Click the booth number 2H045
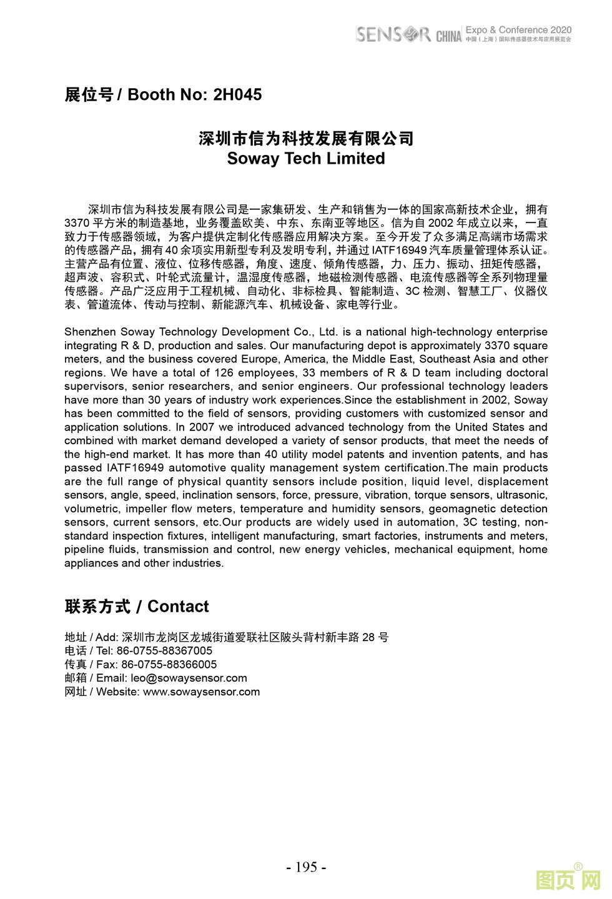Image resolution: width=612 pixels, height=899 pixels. pyautogui.click(x=237, y=95)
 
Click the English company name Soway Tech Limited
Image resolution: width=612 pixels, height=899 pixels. pyautogui.click(x=306, y=159)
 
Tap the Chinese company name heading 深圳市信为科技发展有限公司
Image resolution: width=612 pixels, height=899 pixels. pyautogui.click(x=306, y=138)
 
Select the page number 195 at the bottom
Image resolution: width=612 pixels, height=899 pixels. pyautogui.click(x=306, y=867)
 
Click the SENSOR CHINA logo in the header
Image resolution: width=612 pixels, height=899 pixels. pyautogui.click(x=408, y=34)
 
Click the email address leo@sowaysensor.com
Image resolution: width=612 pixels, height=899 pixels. pyautogui.click(x=189, y=678)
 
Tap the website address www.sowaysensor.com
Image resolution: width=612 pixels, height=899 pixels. pyautogui.click(x=201, y=692)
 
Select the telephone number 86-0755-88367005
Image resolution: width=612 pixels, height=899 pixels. pyautogui.click(x=164, y=651)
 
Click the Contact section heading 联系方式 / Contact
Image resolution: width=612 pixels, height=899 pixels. pyautogui.click(x=137, y=607)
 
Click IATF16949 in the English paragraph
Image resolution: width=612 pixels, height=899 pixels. pyautogui.click(x=135, y=468)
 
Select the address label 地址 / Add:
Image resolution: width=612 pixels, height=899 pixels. pyautogui.click(x=91, y=638)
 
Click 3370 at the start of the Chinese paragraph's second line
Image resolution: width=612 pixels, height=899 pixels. pyautogui.click(x=77, y=223)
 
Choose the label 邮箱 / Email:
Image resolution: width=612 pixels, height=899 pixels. pyautogui.click(x=96, y=678)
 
